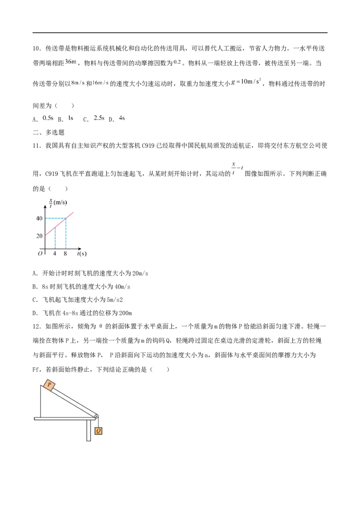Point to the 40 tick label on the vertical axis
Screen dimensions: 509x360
pyautogui.click(x=40, y=219)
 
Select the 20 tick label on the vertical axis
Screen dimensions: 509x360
pyautogui.click(x=40, y=235)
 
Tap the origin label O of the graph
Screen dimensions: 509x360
pyautogui.click(x=40, y=254)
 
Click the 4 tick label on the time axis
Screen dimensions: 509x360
pyautogui.click(x=55, y=254)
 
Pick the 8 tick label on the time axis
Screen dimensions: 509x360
pyautogui.click(x=66, y=254)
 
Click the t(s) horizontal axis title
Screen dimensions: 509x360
pyautogui.click(x=81, y=254)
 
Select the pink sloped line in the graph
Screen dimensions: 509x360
pyautogui.click(x=61, y=223)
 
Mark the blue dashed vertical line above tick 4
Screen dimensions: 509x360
pyautogui.click(x=55, y=238)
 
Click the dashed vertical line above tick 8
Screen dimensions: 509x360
pyautogui.click(x=67, y=234)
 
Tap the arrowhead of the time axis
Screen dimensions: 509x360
pyautogui.click(x=80, y=249)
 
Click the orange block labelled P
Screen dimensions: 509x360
pyautogui.click(x=49, y=385)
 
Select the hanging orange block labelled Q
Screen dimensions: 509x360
pyautogui.click(x=99, y=431)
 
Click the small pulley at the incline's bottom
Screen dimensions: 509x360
pyautogui.click(x=96, y=416)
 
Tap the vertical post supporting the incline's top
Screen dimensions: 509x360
pyautogui.click(x=41, y=402)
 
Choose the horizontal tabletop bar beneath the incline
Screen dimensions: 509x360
pyautogui.click(x=63, y=418)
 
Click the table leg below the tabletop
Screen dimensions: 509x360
pyautogui.click(x=87, y=431)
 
